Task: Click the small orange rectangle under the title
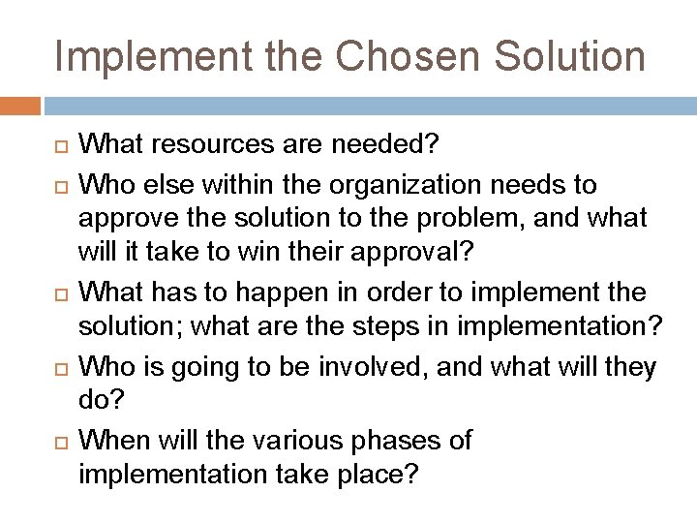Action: (19, 104)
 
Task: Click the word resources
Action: (214, 145)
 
